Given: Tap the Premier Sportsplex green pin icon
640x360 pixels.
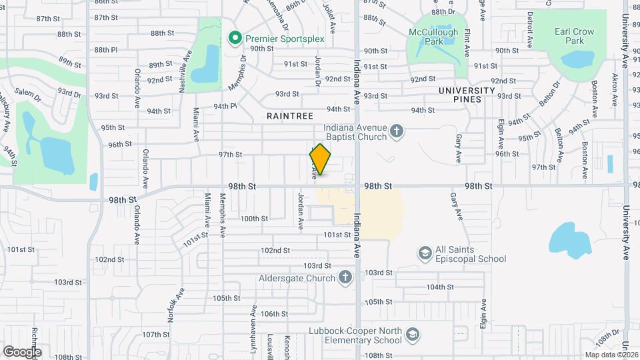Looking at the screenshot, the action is click(234, 39).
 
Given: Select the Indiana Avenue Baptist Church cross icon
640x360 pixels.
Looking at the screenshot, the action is click(397, 131).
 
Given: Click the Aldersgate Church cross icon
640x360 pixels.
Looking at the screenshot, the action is click(345, 277).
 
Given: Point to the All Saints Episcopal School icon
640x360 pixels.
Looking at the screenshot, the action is click(425, 253).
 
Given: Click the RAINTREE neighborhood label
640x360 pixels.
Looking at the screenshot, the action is click(290, 115).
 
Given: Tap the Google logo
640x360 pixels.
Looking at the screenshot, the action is click(22, 351).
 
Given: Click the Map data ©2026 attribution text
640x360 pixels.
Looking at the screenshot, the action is click(611, 355).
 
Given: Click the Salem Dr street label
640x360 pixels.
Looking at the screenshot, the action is click(29, 97).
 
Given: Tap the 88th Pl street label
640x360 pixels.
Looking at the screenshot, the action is click(105, 49).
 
